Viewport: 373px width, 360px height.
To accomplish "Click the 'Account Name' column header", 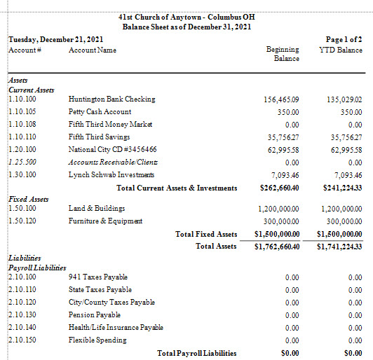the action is click(x=93, y=50).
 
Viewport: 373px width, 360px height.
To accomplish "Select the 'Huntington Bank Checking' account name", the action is click(x=111, y=99).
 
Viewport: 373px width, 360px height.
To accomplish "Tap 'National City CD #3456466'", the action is click(x=112, y=149).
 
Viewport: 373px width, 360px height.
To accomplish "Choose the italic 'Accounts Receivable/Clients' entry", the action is click(x=113, y=162).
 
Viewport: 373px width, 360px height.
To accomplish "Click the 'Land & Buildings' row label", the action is click(x=97, y=209).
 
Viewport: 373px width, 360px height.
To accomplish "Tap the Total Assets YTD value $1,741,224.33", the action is click(x=339, y=247).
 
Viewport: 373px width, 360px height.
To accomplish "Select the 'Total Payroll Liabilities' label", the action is click(x=197, y=353).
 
